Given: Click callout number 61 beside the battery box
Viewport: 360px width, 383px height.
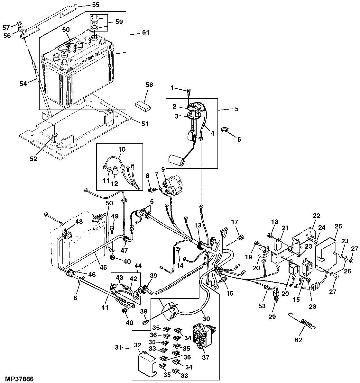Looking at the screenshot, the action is coord(145,32).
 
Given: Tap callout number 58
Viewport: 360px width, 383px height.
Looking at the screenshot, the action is coord(149,85).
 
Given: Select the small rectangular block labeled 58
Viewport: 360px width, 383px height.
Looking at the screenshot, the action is coord(143,107).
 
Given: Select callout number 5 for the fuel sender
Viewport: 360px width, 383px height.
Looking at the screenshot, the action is coord(236,109).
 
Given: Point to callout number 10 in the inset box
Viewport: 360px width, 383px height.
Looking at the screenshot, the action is coord(122,149).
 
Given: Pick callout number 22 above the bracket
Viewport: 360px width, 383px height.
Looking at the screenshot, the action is coord(317,216).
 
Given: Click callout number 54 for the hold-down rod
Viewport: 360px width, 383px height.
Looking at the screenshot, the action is coord(23,84).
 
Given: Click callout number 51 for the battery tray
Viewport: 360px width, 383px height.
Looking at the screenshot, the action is coord(145,124).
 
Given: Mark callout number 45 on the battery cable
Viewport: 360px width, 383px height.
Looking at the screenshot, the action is coord(103,267).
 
